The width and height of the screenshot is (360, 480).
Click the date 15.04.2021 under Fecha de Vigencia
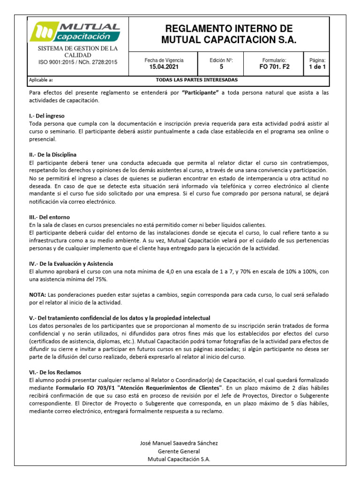click(164, 67)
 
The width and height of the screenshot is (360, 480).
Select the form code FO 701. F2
click(274, 67)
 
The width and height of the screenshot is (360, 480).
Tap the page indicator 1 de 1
click(317, 67)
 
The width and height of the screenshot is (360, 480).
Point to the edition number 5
click(221, 67)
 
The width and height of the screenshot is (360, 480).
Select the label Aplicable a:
click(41, 80)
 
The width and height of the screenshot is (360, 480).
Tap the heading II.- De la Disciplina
click(52, 154)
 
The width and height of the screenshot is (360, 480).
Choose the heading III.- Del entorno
click(49, 217)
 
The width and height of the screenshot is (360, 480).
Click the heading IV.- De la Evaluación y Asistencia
click(71, 264)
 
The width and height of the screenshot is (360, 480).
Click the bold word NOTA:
click(37, 294)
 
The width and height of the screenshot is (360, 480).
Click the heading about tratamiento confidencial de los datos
click(120, 318)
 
